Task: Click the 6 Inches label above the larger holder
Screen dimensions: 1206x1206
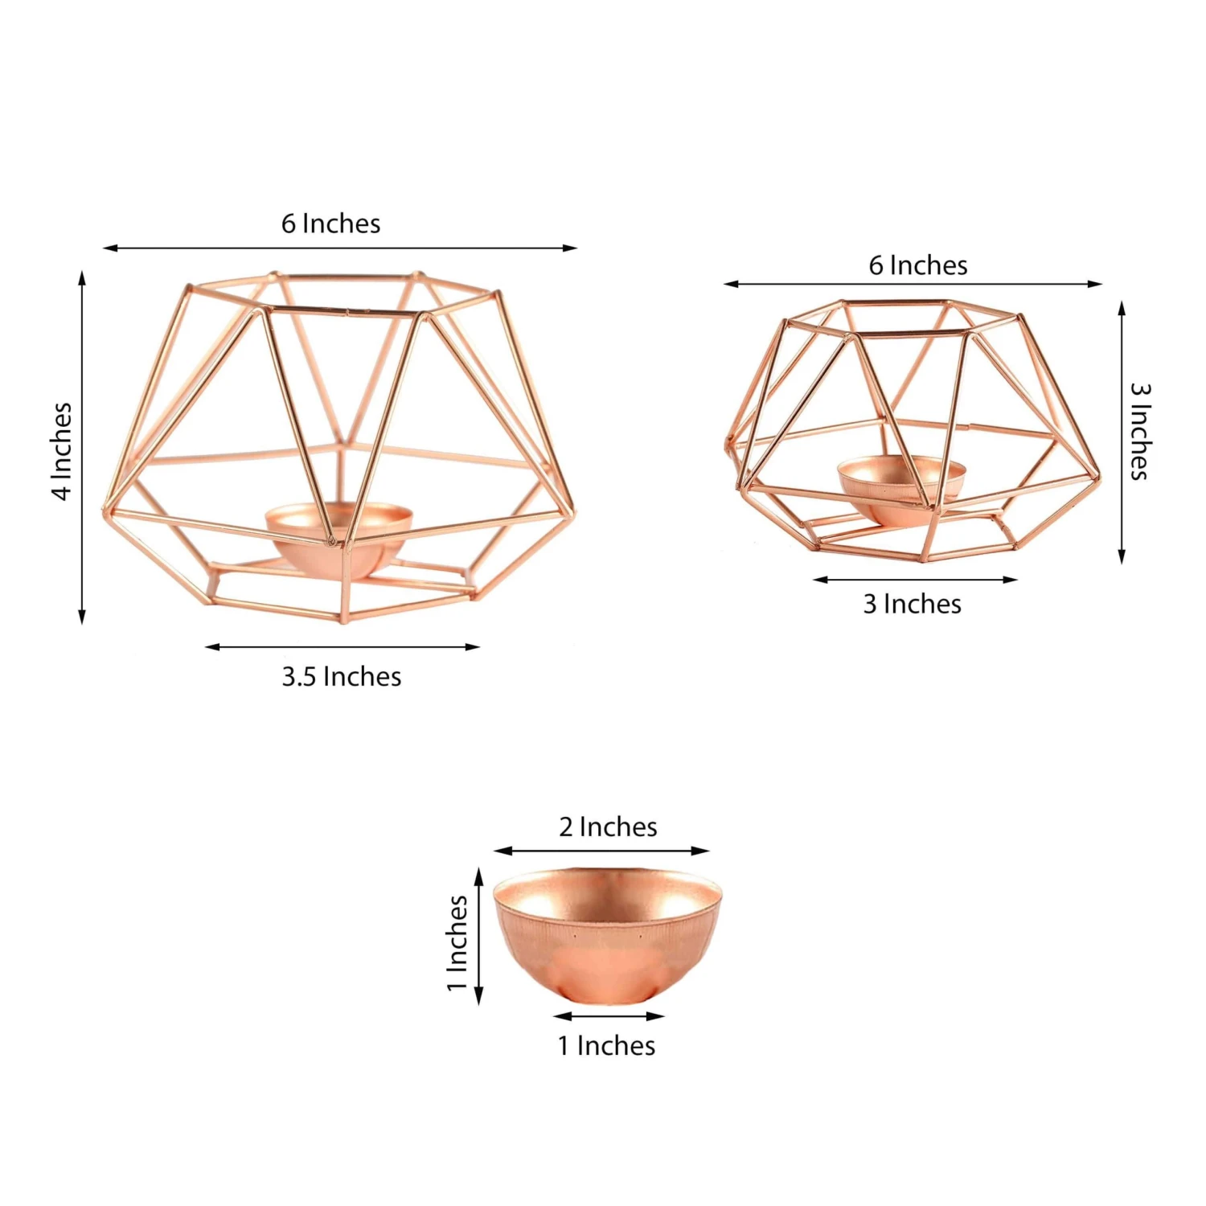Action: (330, 224)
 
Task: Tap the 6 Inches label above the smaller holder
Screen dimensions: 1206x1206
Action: (917, 265)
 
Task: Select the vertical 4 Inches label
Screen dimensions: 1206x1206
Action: (62, 451)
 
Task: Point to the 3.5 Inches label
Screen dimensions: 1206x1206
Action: (341, 677)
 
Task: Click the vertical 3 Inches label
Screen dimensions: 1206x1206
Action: (1140, 431)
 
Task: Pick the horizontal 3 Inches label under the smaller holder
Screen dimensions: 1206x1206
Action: (912, 605)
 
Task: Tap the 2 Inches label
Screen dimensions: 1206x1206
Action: (608, 827)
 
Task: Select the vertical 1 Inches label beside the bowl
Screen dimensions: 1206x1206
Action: (457, 943)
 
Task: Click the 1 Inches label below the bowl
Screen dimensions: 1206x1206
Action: (606, 1046)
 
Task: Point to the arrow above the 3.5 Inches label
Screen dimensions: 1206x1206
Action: (343, 646)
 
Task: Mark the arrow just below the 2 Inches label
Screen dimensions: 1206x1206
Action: (601, 851)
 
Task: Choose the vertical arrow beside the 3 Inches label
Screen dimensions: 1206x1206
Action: (1122, 433)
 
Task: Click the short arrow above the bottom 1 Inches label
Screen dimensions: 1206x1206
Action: (609, 1016)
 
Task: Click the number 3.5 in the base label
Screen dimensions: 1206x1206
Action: (299, 677)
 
